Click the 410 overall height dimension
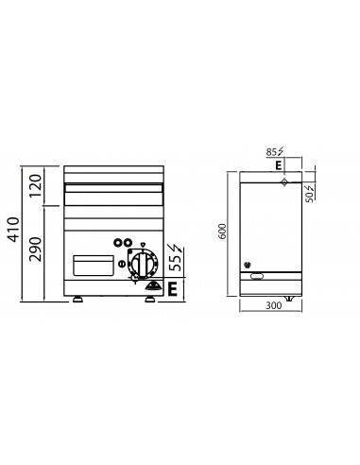coord(14,229)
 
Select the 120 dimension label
coord(35,185)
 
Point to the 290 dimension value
coord(35,249)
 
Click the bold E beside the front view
coord(172,289)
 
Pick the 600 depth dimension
coord(222,232)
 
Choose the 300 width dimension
coord(274,305)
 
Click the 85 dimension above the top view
coord(271,152)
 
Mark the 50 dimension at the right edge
coord(310,197)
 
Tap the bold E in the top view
coord(278,165)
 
